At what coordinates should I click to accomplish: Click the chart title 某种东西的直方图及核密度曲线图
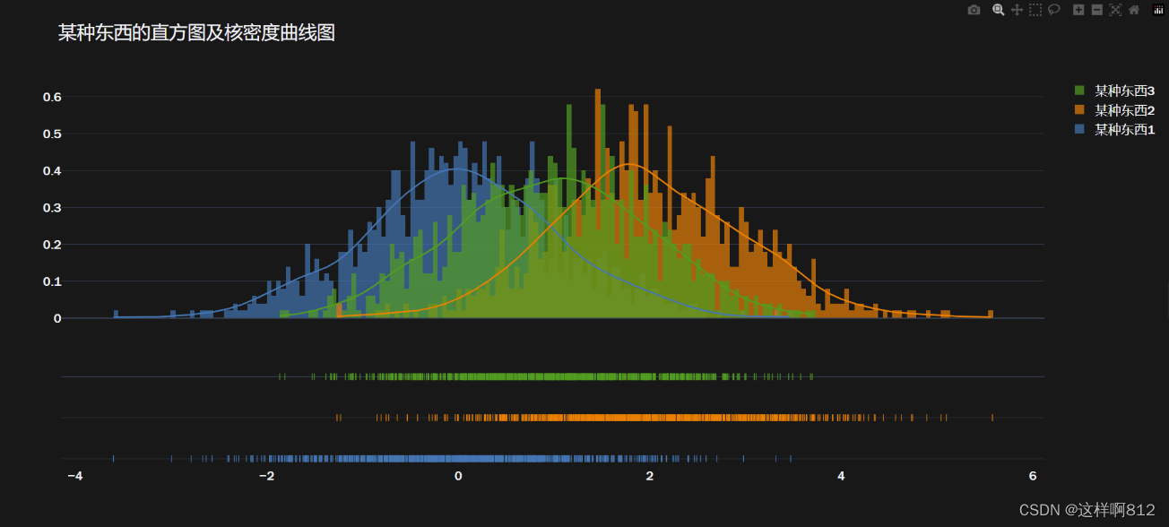tap(196, 33)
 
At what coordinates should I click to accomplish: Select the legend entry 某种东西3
tap(1124, 91)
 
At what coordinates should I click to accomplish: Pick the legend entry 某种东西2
tap(1124, 110)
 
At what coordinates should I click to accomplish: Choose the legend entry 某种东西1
tap(1124, 130)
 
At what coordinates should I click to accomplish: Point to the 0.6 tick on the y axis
tap(51, 97)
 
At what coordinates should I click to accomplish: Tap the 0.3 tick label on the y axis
tap(51, 208)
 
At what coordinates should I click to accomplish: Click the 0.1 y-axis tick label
tap(51, 281)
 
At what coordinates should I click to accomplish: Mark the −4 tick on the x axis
tap(75, 476)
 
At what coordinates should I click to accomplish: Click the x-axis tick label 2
tap(650, 476)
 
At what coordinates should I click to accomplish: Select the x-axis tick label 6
tap(1033, 476)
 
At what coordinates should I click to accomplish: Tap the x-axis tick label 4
tap(841, 476)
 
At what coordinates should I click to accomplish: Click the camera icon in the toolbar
tap(974, 10)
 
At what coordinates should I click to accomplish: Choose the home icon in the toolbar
tap(1134, 10)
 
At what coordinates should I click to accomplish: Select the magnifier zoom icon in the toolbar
tap(998, 10)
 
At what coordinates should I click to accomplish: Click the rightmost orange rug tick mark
tap(992, 418)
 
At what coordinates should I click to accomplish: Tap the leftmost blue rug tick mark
tap(114, 459)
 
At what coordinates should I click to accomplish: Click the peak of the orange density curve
tap(630, 164)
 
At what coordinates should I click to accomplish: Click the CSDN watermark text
tap(1087, 510)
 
